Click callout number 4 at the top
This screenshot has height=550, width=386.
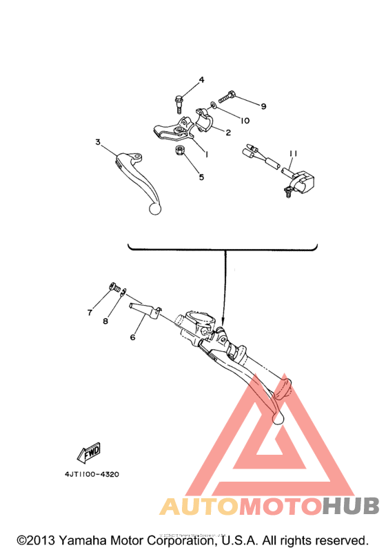click(202, 80)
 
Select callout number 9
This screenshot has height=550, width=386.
click(263, 106)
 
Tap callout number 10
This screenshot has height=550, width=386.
click(245, 120)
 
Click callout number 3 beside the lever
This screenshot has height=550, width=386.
click(98, 142)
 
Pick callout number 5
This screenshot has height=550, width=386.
click(201, 177)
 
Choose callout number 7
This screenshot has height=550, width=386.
click(90, 313)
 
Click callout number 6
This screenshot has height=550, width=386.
click(132, 337)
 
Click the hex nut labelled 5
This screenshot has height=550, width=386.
click(179, 150)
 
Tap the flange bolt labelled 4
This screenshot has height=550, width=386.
click(179, 103)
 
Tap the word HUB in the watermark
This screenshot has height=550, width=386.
click(351, 507)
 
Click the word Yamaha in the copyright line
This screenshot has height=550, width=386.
click(82, 539)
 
